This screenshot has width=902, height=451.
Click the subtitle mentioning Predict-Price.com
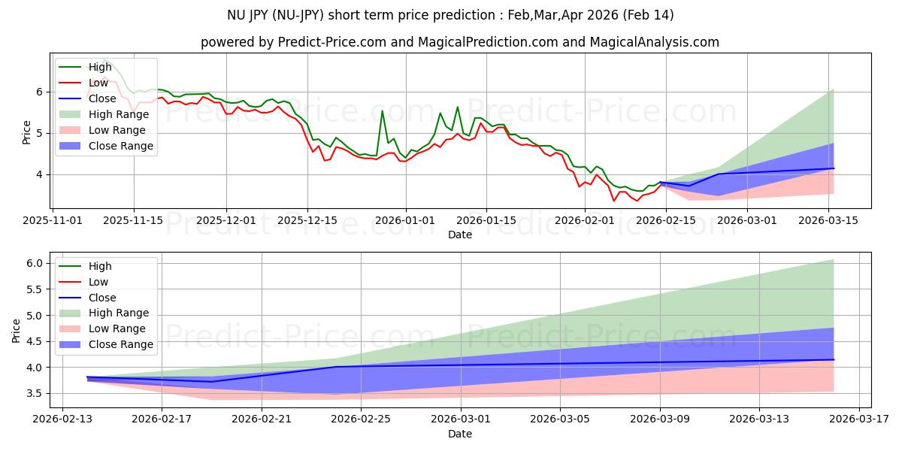click(460, 42)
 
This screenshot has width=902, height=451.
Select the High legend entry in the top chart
click(101, 67)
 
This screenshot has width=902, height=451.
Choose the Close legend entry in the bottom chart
click(103, 298)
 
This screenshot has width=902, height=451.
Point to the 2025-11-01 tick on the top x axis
click(53, 220)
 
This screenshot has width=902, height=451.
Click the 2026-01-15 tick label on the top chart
click(486, 220)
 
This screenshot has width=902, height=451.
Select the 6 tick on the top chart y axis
click(39, 92)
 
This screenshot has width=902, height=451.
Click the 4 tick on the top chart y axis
click(39, 174)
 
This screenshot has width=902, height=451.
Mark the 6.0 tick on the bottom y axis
click(35, 263)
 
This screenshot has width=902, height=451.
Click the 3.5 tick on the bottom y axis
click(35, 393)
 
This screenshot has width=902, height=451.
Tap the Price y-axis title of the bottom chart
click(17, 330)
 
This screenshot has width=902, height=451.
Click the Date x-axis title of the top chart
click(460, 235)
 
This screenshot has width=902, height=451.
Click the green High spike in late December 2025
click(382, 110)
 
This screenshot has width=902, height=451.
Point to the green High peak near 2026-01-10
click(457, 107)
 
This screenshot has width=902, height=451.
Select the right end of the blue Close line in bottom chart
click(834, 359)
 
